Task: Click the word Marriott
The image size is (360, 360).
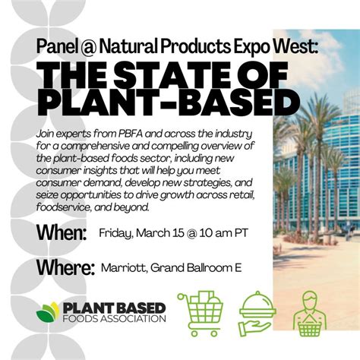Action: coord(121,267)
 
